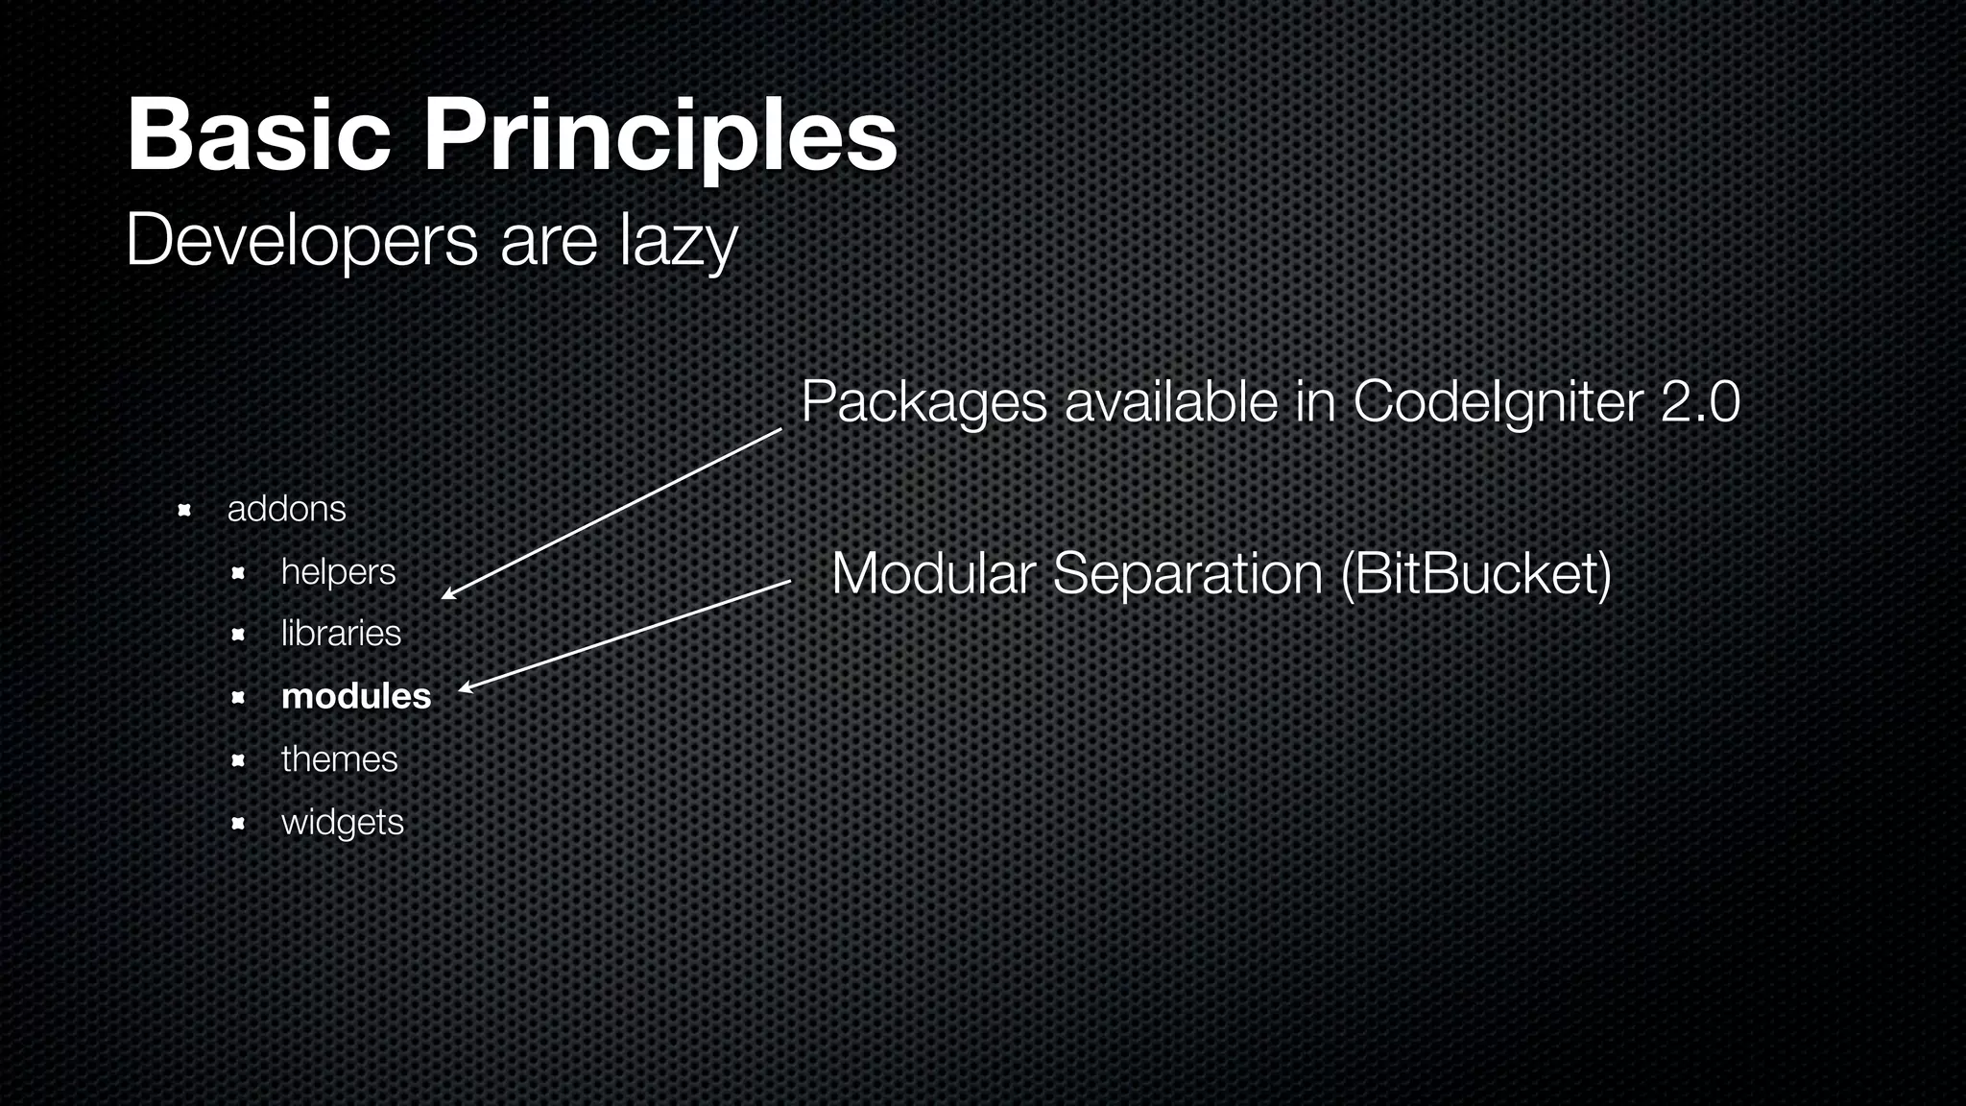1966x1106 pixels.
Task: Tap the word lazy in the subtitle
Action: tap(678, 243)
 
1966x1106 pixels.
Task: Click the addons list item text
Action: tap(286, 509)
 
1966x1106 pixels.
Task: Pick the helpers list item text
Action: tap(338, 572)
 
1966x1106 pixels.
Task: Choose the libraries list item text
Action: tap(341, 634)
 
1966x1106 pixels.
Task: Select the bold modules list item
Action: tap(356, 696)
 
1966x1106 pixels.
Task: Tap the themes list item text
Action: tap(339, 759)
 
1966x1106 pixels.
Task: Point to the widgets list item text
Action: tap(343, 823)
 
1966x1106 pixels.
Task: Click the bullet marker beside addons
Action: tap(185, 510)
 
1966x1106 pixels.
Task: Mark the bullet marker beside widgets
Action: tap(239, 824)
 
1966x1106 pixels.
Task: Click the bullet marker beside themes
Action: tap(239, 761)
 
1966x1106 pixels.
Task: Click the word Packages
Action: tap(923, 403)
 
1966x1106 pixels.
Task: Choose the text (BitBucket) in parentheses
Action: tap(1475, 574)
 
